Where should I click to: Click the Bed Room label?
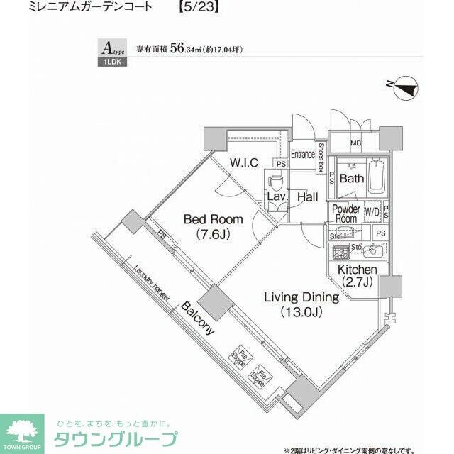pyautogui.click(x=214, y=226)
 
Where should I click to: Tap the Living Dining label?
pyautogui.click(x=301, y=304)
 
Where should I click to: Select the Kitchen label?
pyautogui.click(x=357, y=277)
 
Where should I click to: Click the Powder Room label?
pyautogui.click(x=346, y=214)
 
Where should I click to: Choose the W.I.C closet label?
pyautogui.click(x=243, y=162)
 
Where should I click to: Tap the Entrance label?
pyautogui.click(x=303, y=154)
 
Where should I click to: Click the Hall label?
pyautogui.click(x=307, y=196)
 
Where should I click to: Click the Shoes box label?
pyautogui.click(x=321, y=158)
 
